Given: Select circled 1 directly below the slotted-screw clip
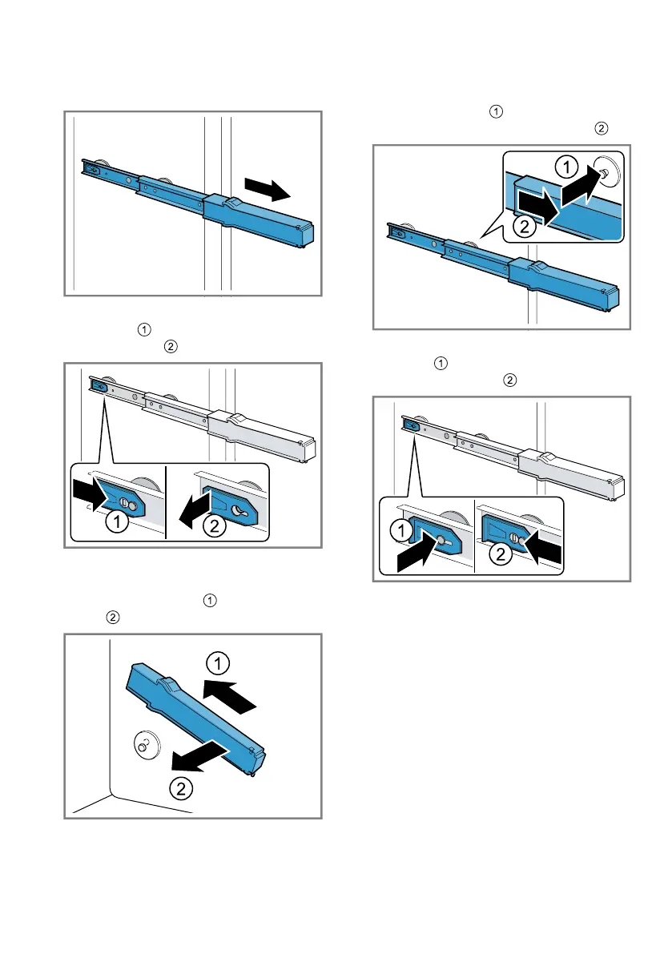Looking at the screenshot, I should [116, 525].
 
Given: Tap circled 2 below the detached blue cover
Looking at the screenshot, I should [182, 788].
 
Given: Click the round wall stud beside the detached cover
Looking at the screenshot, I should [144, 743].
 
